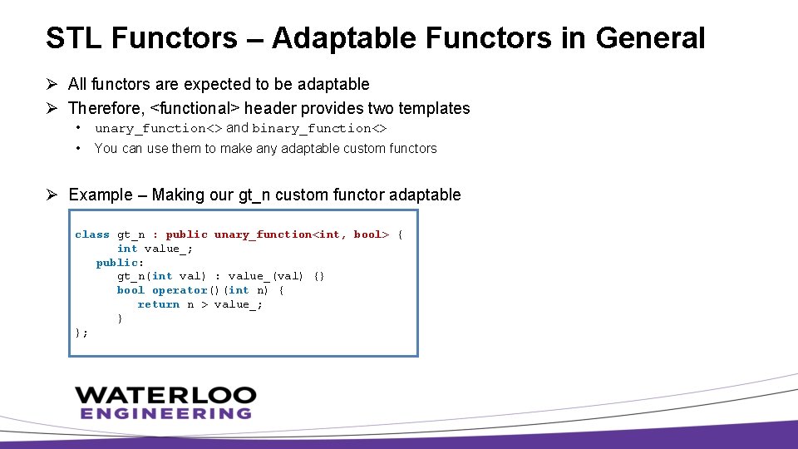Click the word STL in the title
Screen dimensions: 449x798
pos(73,38)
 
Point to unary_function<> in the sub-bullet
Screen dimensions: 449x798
pos(158,128)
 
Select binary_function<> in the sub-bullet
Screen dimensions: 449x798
pos(319,128)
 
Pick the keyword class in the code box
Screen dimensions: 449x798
pos(92,234)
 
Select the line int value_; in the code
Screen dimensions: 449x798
pos(155,249)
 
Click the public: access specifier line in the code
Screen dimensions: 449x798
pos(120,263)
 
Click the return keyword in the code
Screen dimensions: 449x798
pos(158,305)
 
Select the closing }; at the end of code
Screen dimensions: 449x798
pos(81,333)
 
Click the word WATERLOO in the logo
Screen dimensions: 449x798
pos(165,395)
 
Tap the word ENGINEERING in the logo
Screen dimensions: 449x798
pos(165,413)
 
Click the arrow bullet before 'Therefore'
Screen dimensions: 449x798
pos(52,108)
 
